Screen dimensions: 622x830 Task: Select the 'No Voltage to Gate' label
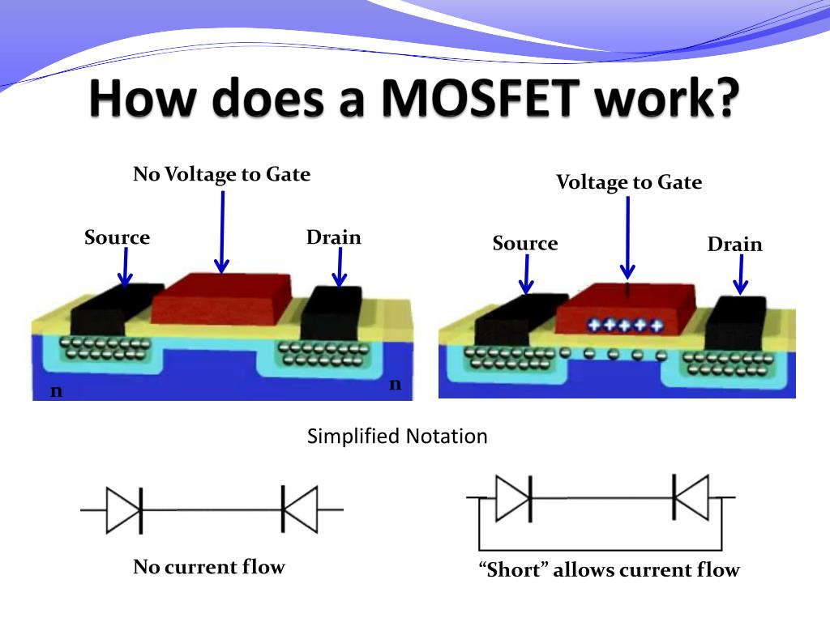coord(221,174)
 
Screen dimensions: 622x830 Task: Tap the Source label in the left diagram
coord(117,237)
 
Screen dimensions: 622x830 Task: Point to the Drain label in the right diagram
coord(734,244)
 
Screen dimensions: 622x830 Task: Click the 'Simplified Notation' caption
coord(397,437)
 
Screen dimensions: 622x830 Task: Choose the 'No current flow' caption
coord(208,566)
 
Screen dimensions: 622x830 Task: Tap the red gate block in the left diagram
coord(220,297)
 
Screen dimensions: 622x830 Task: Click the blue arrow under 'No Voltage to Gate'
coord(221,231)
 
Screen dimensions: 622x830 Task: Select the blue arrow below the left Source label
coord(124,267)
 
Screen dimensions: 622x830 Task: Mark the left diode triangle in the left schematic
coord(122,509)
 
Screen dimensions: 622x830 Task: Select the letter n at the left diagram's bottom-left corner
coord(56,391)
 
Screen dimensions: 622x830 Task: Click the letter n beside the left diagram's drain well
coord(395,384)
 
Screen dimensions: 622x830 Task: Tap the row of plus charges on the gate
coord(624,325)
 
